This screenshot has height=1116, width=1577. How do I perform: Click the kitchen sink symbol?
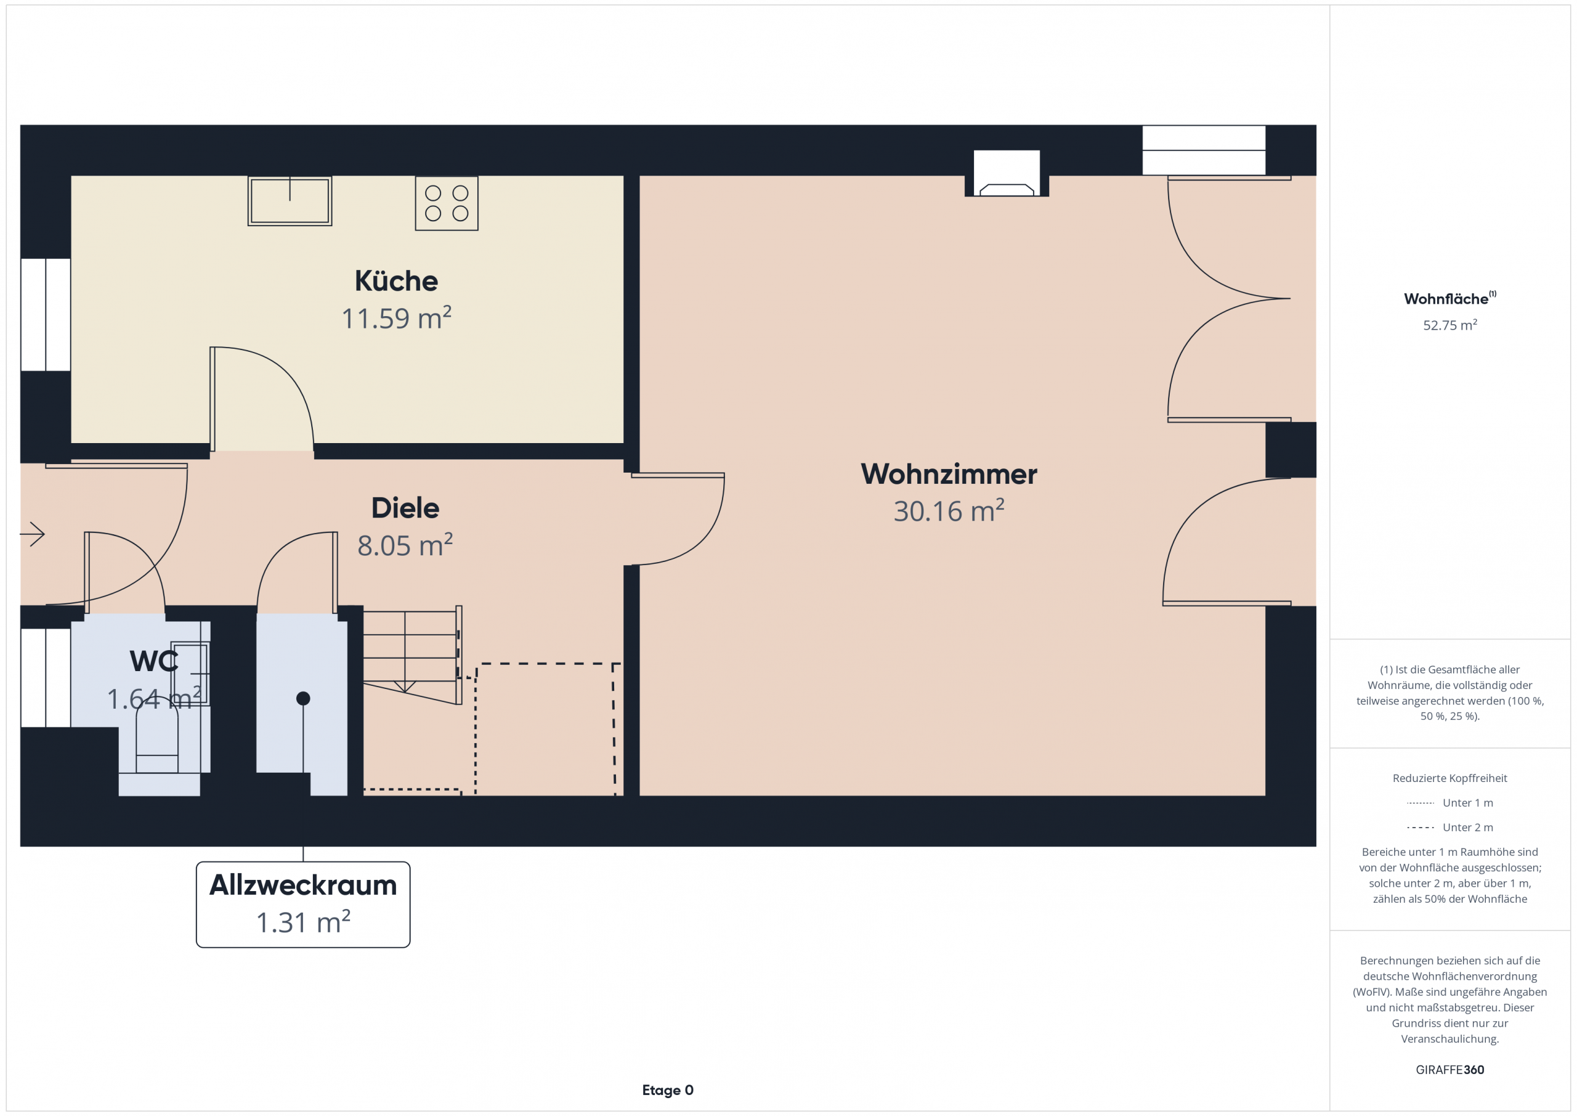point(290,201)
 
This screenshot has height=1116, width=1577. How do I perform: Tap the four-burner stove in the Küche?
point(447,203)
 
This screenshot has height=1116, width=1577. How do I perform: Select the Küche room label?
point(396,281)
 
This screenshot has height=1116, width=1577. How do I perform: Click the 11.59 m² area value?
point(396,318)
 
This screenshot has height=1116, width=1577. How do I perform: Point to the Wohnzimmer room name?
point(949,474)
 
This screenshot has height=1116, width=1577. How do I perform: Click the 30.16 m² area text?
point(949,511)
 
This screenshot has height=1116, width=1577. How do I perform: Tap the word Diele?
point(405,508)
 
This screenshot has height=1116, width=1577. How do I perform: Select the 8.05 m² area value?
point(405,545)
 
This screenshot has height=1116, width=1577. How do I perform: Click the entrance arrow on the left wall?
point(32,534)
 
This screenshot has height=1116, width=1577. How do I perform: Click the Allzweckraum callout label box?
point(303,905)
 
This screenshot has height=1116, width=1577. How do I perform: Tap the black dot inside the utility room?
point(303,699)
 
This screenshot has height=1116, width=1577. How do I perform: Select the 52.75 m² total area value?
point(1450,325)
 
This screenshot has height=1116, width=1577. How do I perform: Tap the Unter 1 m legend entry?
point(1450,802)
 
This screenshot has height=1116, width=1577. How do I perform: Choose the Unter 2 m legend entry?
point(1450,828)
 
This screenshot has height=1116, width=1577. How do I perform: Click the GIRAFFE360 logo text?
point(1450,1070)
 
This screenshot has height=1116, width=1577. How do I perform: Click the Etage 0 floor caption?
point(668,1090)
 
